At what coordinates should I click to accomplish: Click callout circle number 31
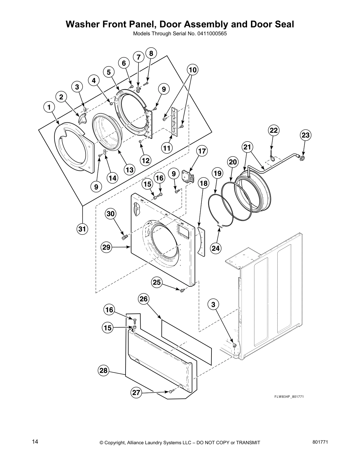point(83,229)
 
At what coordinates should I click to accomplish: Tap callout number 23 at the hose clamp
point(306,135)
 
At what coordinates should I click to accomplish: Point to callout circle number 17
point(202,151)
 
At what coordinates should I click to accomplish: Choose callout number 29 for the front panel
point(106,247)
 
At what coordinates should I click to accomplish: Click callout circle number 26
point(144,299)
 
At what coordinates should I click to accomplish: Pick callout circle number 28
point(103,371)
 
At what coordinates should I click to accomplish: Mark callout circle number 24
point(216,248)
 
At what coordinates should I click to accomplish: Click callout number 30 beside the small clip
point(111,214)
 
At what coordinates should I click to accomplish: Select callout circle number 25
point(157,282)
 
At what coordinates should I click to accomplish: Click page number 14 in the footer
point(35,441)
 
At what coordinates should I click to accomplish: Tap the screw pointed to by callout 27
point(172,391)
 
